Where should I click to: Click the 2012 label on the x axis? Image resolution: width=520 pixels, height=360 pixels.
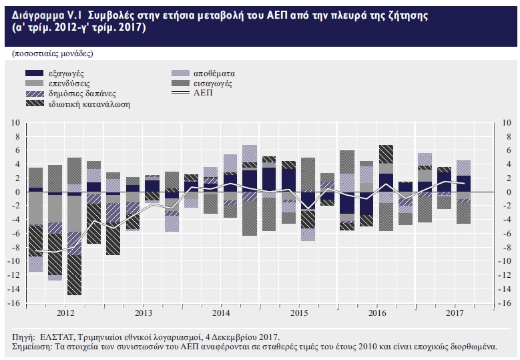click(x=65, y=313)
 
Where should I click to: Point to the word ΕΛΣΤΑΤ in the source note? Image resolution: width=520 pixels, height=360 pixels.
click(x=54, y=337)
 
